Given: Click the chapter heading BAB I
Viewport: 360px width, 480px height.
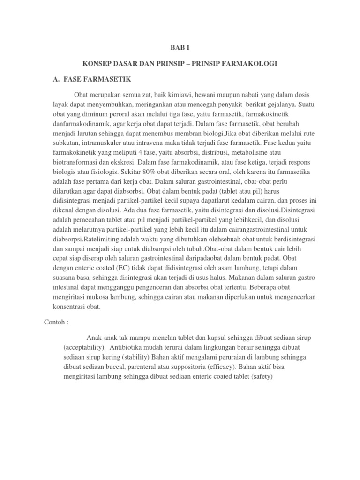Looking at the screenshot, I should point(180,47).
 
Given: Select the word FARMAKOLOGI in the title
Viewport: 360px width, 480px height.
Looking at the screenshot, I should point(252,63).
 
